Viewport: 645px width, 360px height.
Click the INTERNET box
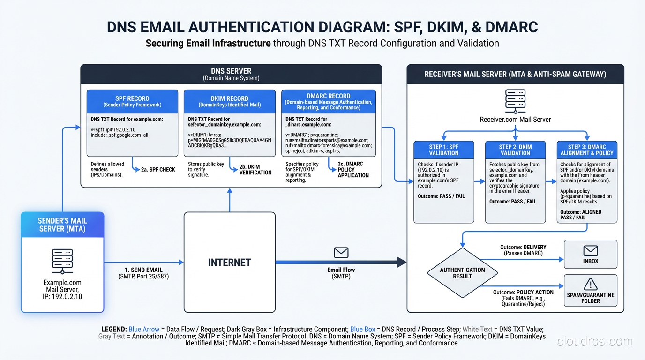pos(229,262)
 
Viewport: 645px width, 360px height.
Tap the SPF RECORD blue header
pos(132,101)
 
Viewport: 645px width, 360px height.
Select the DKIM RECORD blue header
pos(230,101)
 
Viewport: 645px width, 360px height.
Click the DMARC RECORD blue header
pos(328,101)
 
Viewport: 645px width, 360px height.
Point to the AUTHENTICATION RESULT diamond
pos(462,273)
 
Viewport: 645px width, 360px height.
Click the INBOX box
pos(591,255)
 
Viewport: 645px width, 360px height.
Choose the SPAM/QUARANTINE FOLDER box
pos(591,290)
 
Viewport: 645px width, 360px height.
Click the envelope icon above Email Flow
pos(341,253)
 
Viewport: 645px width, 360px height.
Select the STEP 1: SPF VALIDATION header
pos(444,150)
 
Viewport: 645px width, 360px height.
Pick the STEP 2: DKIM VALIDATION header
pos(515,150)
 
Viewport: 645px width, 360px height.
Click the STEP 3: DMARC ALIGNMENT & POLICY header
pos(587,150)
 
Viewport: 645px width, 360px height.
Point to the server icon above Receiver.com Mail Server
pos(515,100)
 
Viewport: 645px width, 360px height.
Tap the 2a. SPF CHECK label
pos(158,170)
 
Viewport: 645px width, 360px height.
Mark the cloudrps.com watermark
pos(594,342)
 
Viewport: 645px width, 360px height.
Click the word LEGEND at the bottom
pos(114,330)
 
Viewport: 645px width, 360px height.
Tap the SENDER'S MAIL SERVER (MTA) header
pos(62,225)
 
